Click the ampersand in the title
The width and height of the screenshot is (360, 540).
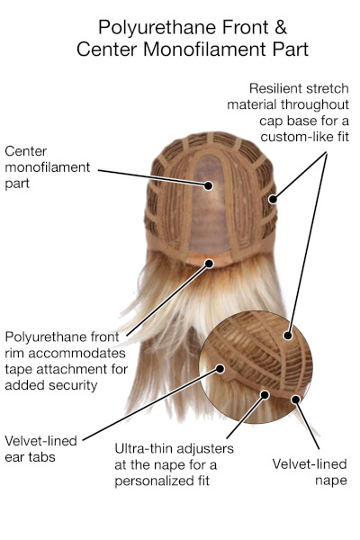(x=281, y=27)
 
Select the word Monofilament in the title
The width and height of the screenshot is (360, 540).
(x=206, y=49)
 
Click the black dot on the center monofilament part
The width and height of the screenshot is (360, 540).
(x=208, y=185)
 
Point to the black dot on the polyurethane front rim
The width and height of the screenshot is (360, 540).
(x=209, y=264)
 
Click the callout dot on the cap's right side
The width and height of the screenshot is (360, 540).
(x=273, y=199)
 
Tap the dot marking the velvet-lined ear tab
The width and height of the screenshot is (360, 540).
(x=220, y=369)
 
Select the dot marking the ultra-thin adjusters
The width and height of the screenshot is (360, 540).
(x=265, y=395)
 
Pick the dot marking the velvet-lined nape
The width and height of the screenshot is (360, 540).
(x=295, y=400)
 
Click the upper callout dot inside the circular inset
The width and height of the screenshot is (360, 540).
(x=288, y=335)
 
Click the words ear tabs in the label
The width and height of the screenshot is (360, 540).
(x=30, y=457)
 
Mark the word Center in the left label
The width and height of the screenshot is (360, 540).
(x=25, y=151)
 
